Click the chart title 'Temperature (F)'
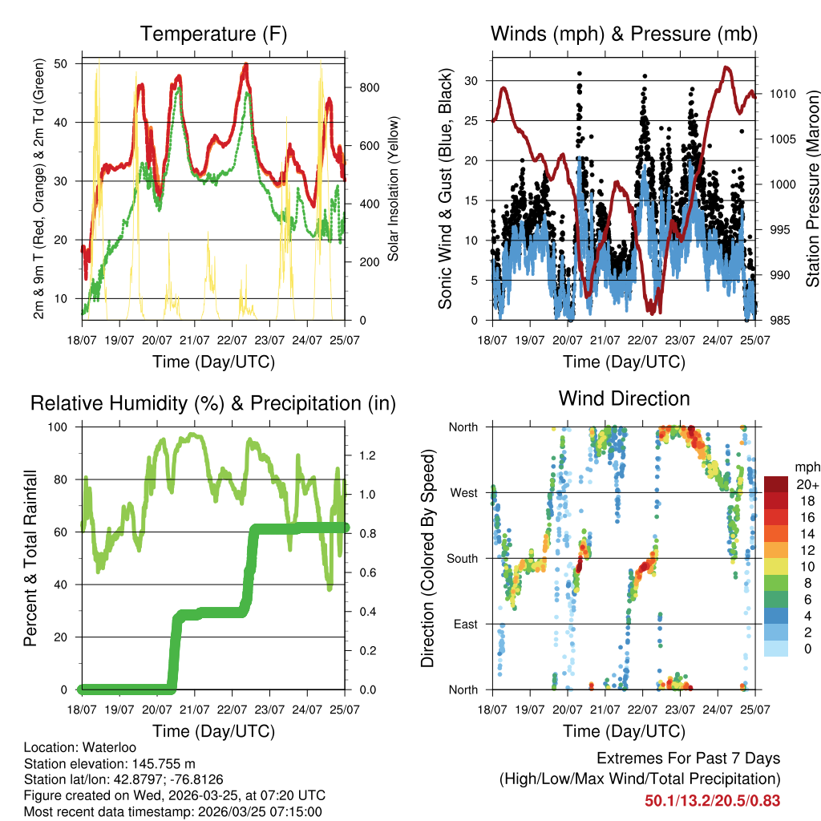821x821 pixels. (x=213, y=34)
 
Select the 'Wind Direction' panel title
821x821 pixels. (x=624, y=398)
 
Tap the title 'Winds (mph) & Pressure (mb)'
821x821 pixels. (x=624, y=34)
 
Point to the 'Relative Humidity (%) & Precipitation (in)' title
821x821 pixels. (x=213, y=403)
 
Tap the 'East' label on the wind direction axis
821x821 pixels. (x=465, y=624)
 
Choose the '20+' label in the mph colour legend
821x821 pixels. (x=804, y=485)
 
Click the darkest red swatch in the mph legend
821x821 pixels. (x=776, y=483)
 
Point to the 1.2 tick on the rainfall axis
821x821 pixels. (x=368, y=455)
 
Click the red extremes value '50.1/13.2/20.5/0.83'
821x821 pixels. (x=712, y=801)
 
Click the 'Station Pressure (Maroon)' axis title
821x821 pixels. (x=811, y=189)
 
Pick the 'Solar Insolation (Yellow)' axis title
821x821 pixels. (x=394, y=189)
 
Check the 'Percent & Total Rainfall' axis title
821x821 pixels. (x=30, y=558)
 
